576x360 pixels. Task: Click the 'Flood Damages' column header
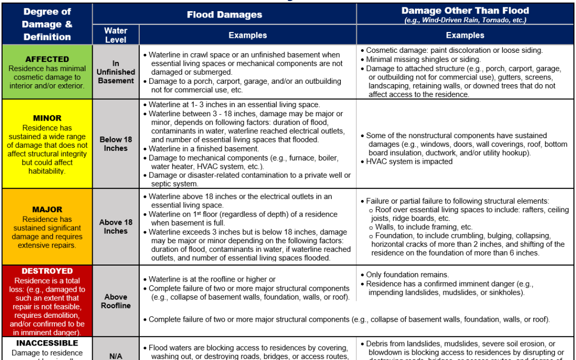pyautogui.click(x=224, y=14)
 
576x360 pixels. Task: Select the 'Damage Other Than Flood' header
pyautogui.click(x=465, y=11)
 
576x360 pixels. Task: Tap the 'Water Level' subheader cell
pyautogui.click(x=116, y=35)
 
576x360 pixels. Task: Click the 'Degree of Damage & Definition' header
pyautogui.click(x=47, y=25)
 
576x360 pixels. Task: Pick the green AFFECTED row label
pyautogui.click(x=47, y=59)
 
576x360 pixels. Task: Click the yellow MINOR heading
pyautogui.click(x=47, y=118)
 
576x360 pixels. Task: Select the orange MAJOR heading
pyautogui.click(x=47, y=210)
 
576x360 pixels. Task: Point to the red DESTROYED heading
pyautogui.click(x=47, y=271)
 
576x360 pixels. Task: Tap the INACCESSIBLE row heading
pyautogui.click(x=47, y=343)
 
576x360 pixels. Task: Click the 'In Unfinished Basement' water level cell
pyautogui.click(x=116, y=72)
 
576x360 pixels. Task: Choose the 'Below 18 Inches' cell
pyautogui.click(x=116, y=144)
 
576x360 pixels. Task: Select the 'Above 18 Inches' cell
pyautogui.click(x=116, y=227)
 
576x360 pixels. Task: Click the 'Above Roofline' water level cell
pyautogui.click(x=116, y=301)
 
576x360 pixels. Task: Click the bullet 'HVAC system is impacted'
pyautogui.click(x=409, y=162)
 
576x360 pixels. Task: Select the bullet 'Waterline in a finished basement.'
pyautogui.click(x=204, y=149)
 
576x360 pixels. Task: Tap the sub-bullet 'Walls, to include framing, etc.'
pyautogui.click(x=423, y=227)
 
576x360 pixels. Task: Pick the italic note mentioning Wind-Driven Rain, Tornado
pyautogui.click(x=465, y=20)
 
